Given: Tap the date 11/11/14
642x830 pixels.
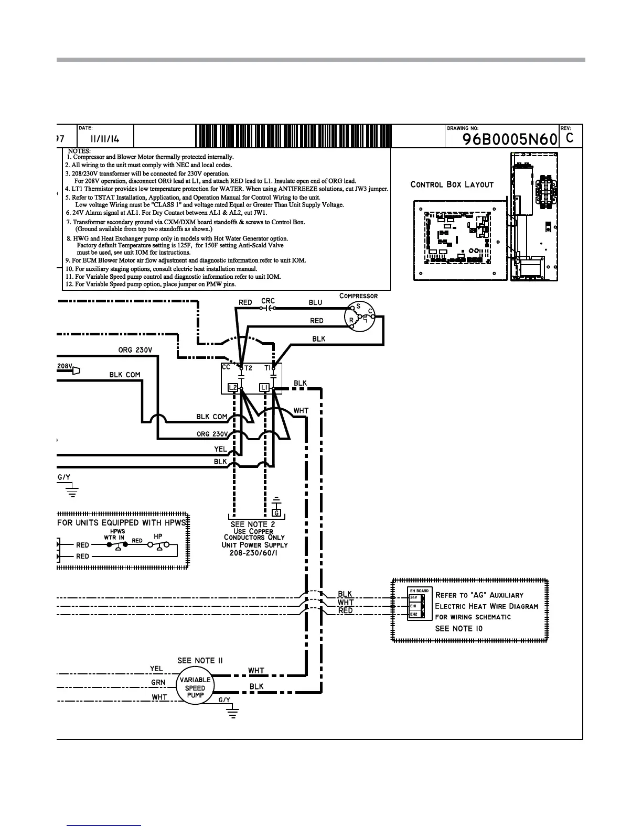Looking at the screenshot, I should click(105, 139).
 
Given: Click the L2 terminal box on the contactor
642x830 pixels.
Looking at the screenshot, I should click(233, 388).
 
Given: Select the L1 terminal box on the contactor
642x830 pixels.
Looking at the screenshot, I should click(265, 388).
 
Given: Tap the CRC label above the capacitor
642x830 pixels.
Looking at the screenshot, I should click(268, 301).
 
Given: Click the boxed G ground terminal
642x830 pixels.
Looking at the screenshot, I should click(277, 512).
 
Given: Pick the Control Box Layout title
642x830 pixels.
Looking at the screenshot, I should click(452, 184).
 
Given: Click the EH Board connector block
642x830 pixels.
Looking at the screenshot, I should click(420, 604).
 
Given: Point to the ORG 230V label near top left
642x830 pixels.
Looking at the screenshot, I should click(135, 350).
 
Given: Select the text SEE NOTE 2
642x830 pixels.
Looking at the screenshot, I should click(253, 524).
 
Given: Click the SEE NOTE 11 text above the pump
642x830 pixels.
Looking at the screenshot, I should click(200, 660).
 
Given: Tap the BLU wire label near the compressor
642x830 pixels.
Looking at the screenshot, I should click(315, 302).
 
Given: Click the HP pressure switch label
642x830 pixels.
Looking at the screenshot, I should click(158, 537).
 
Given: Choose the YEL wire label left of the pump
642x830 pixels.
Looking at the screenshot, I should click(156, 669).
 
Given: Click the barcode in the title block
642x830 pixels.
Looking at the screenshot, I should click(293, 137).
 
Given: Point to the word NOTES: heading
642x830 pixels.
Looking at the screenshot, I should click(79, 151).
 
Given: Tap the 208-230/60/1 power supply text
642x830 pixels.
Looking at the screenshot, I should click(254, 553).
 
